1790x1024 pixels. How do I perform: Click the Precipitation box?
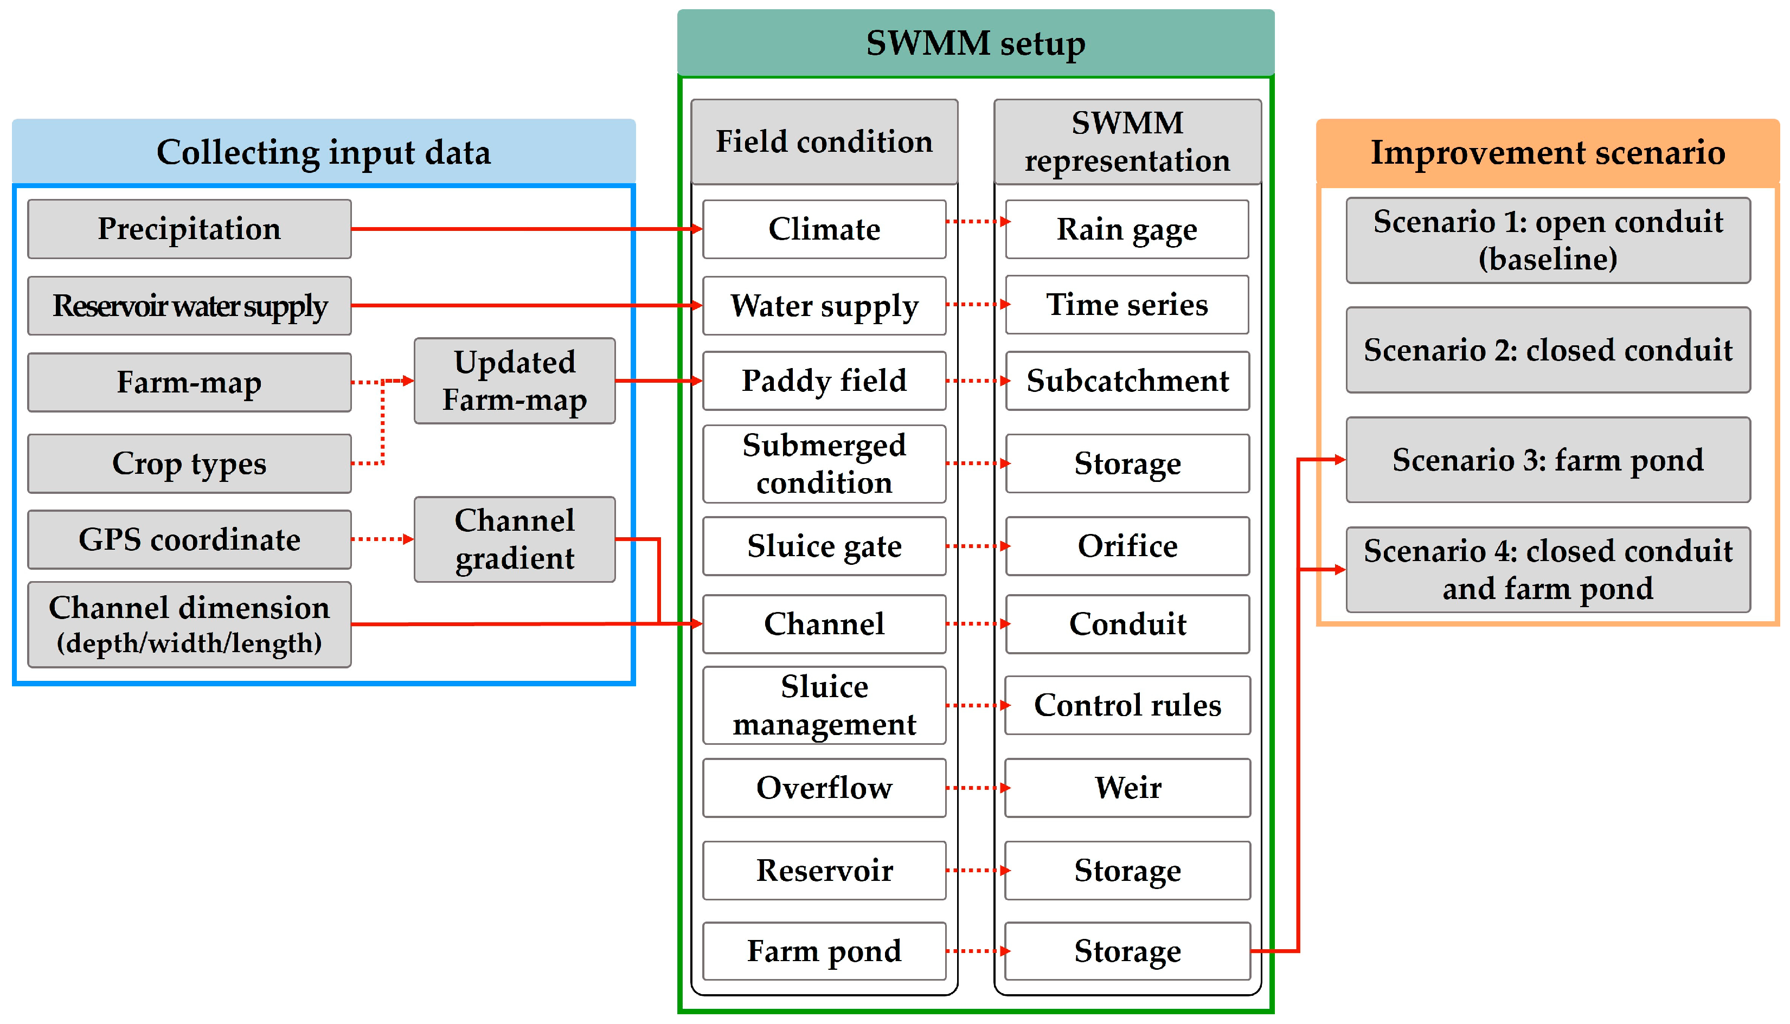coord(189,229)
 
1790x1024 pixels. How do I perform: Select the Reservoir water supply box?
coord(189,305)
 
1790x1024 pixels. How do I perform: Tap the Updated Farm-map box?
coord(514,381)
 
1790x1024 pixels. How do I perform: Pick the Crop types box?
coord(189,463)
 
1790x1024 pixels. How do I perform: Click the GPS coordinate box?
coord(189,539)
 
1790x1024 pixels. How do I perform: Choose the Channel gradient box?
coord(514,539)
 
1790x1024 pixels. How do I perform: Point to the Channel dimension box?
coord(189,624)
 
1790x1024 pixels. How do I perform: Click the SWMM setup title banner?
coord(975,42)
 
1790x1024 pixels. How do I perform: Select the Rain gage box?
coord(1127,229)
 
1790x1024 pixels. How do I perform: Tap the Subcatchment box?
coord(1127,381)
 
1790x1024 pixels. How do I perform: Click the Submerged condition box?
coord(824,463)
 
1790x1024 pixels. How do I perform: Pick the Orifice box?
coord(1127,546)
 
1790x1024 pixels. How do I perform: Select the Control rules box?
coord(1127,705)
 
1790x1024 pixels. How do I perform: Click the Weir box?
coord(1127,787)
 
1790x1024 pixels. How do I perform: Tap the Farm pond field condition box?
coord(824,951)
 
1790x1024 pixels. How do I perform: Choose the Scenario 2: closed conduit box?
coord(1548,350)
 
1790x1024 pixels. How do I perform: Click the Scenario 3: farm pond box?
coord(1548,460)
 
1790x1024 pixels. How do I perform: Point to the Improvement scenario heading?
coord(1548,153)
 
